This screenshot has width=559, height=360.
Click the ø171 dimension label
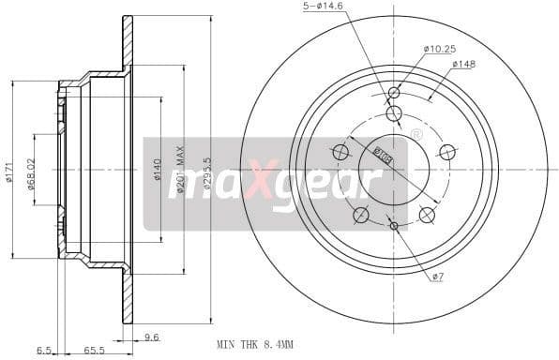[9, 171]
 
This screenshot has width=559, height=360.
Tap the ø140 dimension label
[158, 171]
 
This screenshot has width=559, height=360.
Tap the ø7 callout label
[437, 276]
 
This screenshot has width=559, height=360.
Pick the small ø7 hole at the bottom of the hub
[394, 226]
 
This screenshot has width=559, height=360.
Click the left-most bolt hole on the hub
[340, 152]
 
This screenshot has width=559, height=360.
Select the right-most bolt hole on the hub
[447, 152]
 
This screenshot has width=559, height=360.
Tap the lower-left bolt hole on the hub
[360, 215]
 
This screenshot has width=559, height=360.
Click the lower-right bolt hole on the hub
[427, 215]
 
